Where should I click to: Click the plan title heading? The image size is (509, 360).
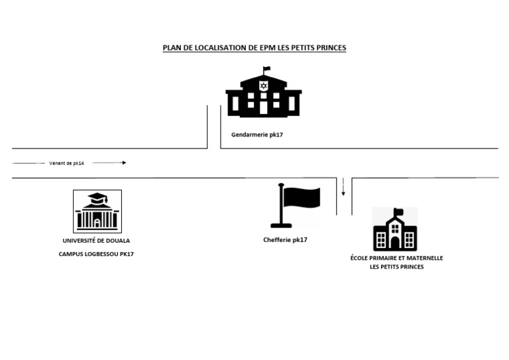(254, 48)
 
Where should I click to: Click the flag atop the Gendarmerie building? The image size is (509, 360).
(267, 69)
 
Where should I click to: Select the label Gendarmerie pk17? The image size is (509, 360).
(257, 135)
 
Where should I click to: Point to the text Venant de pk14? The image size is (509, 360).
(67, 162)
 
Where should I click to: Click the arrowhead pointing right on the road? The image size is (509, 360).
(123, 162)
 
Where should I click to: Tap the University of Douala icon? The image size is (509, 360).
(97, 211)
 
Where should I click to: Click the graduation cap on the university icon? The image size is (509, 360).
(97, 198)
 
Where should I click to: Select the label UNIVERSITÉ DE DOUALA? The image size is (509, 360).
(96, 241)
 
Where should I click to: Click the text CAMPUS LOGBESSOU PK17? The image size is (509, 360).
(96, 254)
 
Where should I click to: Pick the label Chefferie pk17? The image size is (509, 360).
(285, 240)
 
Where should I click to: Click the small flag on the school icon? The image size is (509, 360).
(399, 212)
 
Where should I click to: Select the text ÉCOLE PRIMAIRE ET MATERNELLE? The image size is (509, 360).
(396, 258)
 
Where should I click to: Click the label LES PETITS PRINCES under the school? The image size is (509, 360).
(396, 267)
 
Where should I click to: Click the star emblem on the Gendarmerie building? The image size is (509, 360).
(263, 86)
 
